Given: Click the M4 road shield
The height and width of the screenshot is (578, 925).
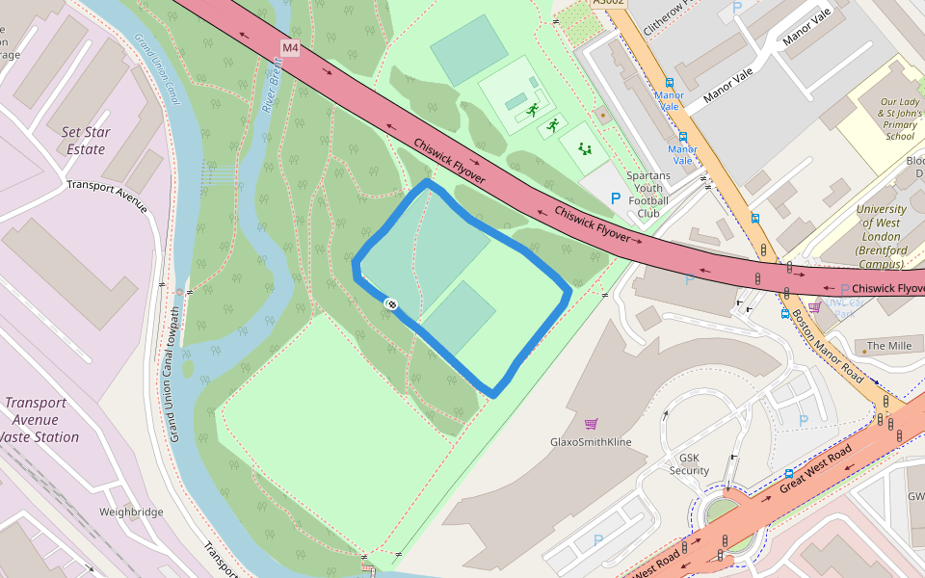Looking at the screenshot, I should [x=291, y=47].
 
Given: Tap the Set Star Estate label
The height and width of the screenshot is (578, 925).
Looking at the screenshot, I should [x=86, y=141].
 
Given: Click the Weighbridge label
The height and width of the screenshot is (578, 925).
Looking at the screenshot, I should [x=131, y=512].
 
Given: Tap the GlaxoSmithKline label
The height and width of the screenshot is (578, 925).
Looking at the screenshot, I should [x=591, y=442].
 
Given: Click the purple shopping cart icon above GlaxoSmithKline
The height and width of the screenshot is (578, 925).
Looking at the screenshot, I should [x=591, y=424].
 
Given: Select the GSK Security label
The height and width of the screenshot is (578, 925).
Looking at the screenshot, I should [x=689, y=464].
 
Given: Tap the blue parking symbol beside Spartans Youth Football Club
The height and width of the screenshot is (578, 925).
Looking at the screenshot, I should [x=616, y=197].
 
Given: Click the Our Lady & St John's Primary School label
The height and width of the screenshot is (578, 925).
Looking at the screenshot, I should [x=899, y=118].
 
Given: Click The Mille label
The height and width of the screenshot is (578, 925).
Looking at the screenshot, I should [x=888, y=346].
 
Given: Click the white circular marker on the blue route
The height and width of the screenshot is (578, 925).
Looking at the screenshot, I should [x=392, y=304].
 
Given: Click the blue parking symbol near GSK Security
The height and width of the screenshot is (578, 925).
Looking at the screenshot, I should [x=804, y=420].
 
